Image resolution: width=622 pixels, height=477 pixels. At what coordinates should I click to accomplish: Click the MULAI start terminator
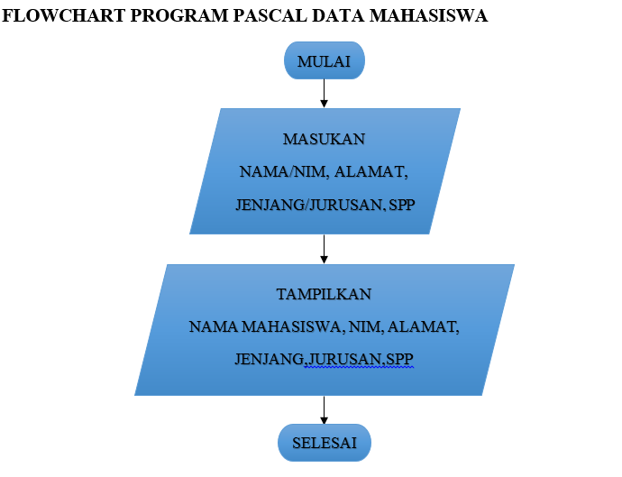click(325, 61)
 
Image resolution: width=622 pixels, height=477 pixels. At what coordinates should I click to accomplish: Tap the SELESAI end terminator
click(325, 444)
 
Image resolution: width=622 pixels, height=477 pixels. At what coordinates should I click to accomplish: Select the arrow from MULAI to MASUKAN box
click(325, 94)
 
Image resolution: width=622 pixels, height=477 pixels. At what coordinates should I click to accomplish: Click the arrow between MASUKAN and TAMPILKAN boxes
click(325, 249)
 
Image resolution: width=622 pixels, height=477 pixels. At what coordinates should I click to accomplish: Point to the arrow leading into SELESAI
click(325, 409)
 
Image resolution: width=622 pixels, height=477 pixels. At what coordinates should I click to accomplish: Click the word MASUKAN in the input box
click(325, 140)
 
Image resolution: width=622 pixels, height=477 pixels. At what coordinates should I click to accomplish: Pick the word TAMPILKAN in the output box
click(324, 295)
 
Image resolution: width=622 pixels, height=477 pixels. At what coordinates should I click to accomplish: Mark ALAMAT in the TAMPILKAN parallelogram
click(423, 326)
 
